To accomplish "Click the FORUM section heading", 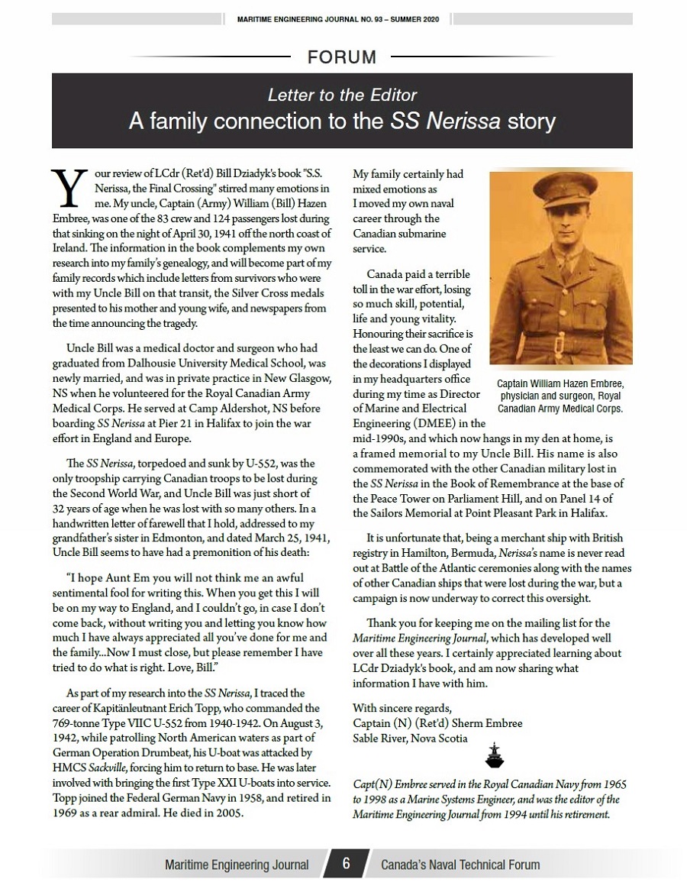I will tap(342, 57).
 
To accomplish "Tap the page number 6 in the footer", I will tap(345, 864).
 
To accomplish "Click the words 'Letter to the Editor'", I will tap(342, 95).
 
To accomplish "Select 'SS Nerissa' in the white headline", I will tap(436, 121).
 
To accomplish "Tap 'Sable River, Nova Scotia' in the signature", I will tap(410, 738).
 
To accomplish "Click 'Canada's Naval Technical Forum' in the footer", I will tap(460, 865).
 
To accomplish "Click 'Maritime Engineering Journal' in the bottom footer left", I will tap(237, 865).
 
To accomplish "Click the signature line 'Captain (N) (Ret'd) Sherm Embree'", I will tap(437, 722).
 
